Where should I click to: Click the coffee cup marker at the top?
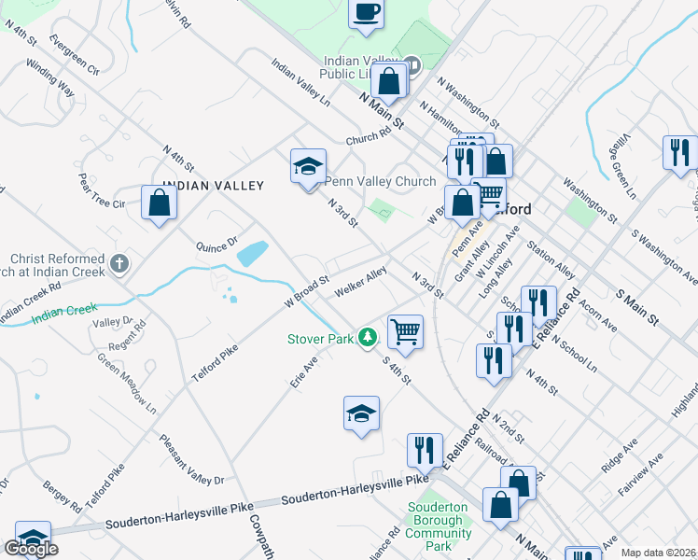(x=366, y=14)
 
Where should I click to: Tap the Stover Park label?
(x=319, y=339)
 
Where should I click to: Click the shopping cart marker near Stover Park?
(x=405, y=332)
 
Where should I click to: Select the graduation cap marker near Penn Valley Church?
(x=308, y=168)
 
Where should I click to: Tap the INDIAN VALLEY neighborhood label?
(x=213, y=186)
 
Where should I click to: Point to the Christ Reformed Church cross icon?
(x=119, y=264)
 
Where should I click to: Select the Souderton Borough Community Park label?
(x=439, y=526)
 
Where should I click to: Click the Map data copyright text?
(x=658, y=553)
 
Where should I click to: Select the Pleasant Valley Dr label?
(x=191, y=459)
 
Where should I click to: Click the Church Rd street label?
(x=368, y=137)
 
